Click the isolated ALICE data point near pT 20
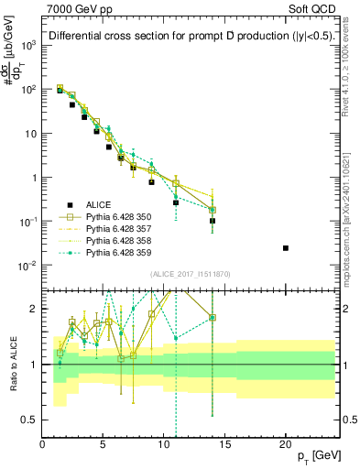pyautogui.click(x=286, y=248)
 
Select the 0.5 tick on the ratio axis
pyautogui.click(x=30, y=420)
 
